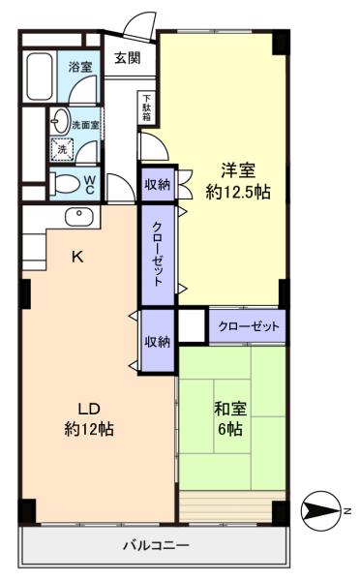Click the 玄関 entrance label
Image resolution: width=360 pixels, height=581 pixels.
(127, 58)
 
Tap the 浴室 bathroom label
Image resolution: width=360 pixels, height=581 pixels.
(80, 67)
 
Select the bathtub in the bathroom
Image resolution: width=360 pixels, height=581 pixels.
(40, 76)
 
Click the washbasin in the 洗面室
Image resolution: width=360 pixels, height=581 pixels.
(60, 120)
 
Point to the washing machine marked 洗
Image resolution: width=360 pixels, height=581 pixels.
(62, 149)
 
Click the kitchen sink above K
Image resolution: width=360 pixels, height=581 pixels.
(79, 217)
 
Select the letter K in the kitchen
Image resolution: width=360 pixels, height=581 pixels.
(77, 256)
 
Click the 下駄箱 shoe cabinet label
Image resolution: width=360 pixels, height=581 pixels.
(147, 107)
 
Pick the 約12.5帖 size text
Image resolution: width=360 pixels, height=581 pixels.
(238, 193)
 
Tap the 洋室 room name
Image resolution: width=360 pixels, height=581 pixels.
(238, 170)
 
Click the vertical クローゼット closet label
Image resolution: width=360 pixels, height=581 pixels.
(158, 254)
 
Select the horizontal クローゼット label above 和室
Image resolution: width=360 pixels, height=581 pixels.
(248, 326)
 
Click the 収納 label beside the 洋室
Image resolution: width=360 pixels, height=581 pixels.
(158, 184)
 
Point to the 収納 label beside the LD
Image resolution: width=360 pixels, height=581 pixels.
(158, 341)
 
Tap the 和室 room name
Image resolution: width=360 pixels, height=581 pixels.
(230, 409)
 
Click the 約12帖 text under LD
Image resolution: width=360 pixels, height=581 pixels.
(89, 429)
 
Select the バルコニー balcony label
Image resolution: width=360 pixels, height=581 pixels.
(156, 545)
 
